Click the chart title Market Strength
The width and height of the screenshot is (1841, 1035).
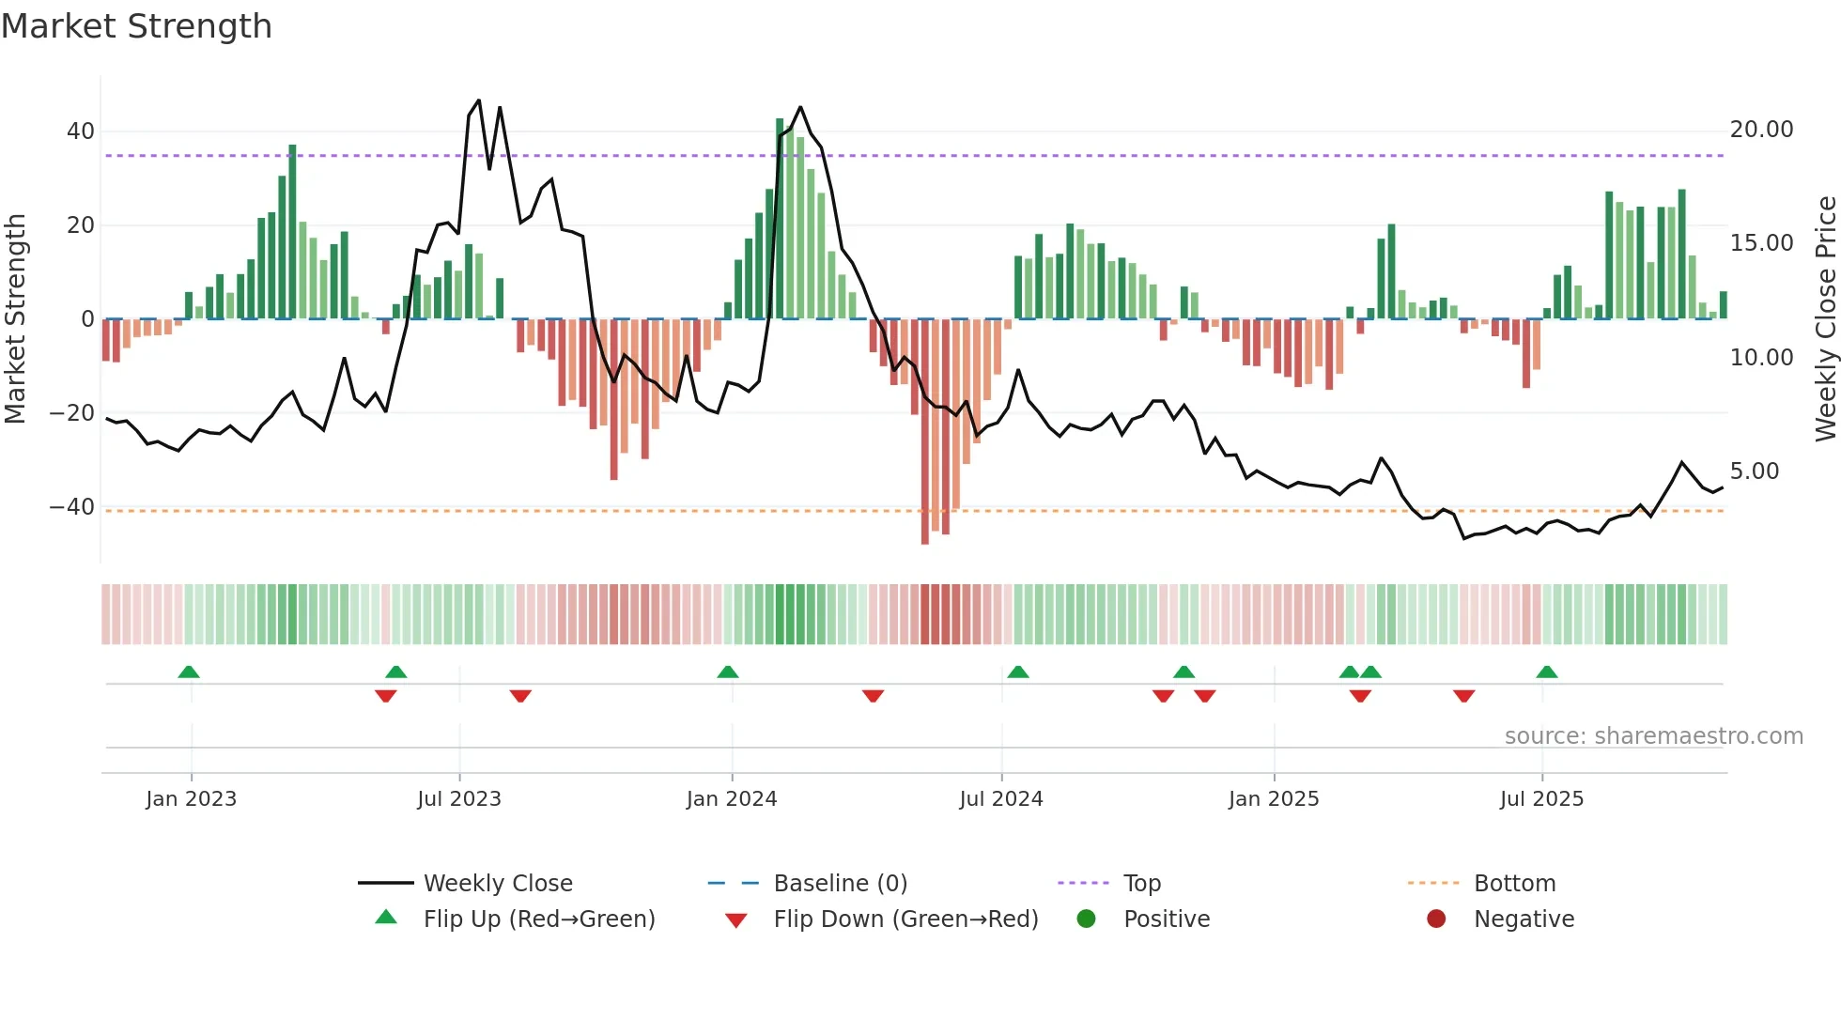coord(136,26)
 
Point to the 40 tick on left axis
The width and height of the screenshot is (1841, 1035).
coord(80,131)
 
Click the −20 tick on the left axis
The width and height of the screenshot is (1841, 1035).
coord(71,413)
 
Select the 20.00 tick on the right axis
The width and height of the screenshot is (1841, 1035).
coord(1761,130)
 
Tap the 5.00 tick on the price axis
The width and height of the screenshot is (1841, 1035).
coord(1754,471)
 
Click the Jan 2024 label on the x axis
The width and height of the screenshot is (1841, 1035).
coord(732,799)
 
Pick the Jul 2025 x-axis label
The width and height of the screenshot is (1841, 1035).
coord(1541,799)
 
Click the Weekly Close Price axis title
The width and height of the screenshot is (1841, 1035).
coord(1825,319)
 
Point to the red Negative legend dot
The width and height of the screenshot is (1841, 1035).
coord(1436,919)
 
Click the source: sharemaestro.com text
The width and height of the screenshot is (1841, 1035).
coord(1653,736)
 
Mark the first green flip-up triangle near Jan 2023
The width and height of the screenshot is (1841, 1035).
coord(189,672)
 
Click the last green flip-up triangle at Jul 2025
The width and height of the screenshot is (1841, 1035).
coord(1547,672)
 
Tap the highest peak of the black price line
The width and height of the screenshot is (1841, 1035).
coord(479,100)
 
